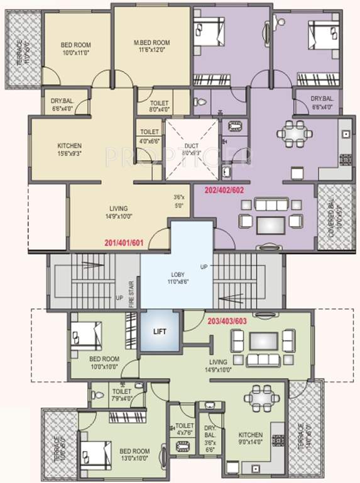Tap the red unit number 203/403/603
coord(232,320)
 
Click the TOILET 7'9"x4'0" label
coord(121,394)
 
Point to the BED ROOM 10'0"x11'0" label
coord(76,48)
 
